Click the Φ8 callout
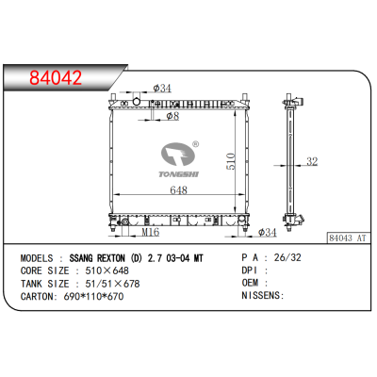(x=172, y=116)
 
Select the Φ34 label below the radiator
(x=268, y=232)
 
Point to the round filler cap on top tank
(x=136, y=102)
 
